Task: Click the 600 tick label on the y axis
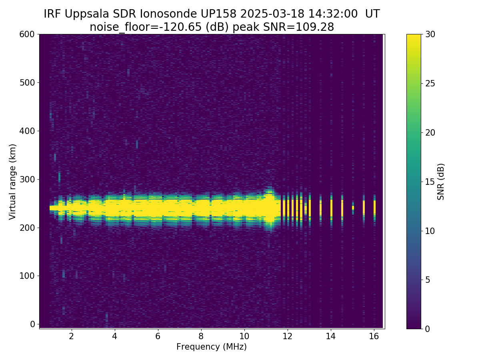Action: (27, 34)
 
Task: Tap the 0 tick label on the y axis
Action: (32, 324)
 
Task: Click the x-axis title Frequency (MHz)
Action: (212, 347)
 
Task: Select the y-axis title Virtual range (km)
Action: (13, 182)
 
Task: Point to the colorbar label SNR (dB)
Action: (441, 182)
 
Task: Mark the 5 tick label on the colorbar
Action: (427, 280)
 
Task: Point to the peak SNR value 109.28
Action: (318, 27)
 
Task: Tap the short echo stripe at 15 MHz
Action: (353, 208)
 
